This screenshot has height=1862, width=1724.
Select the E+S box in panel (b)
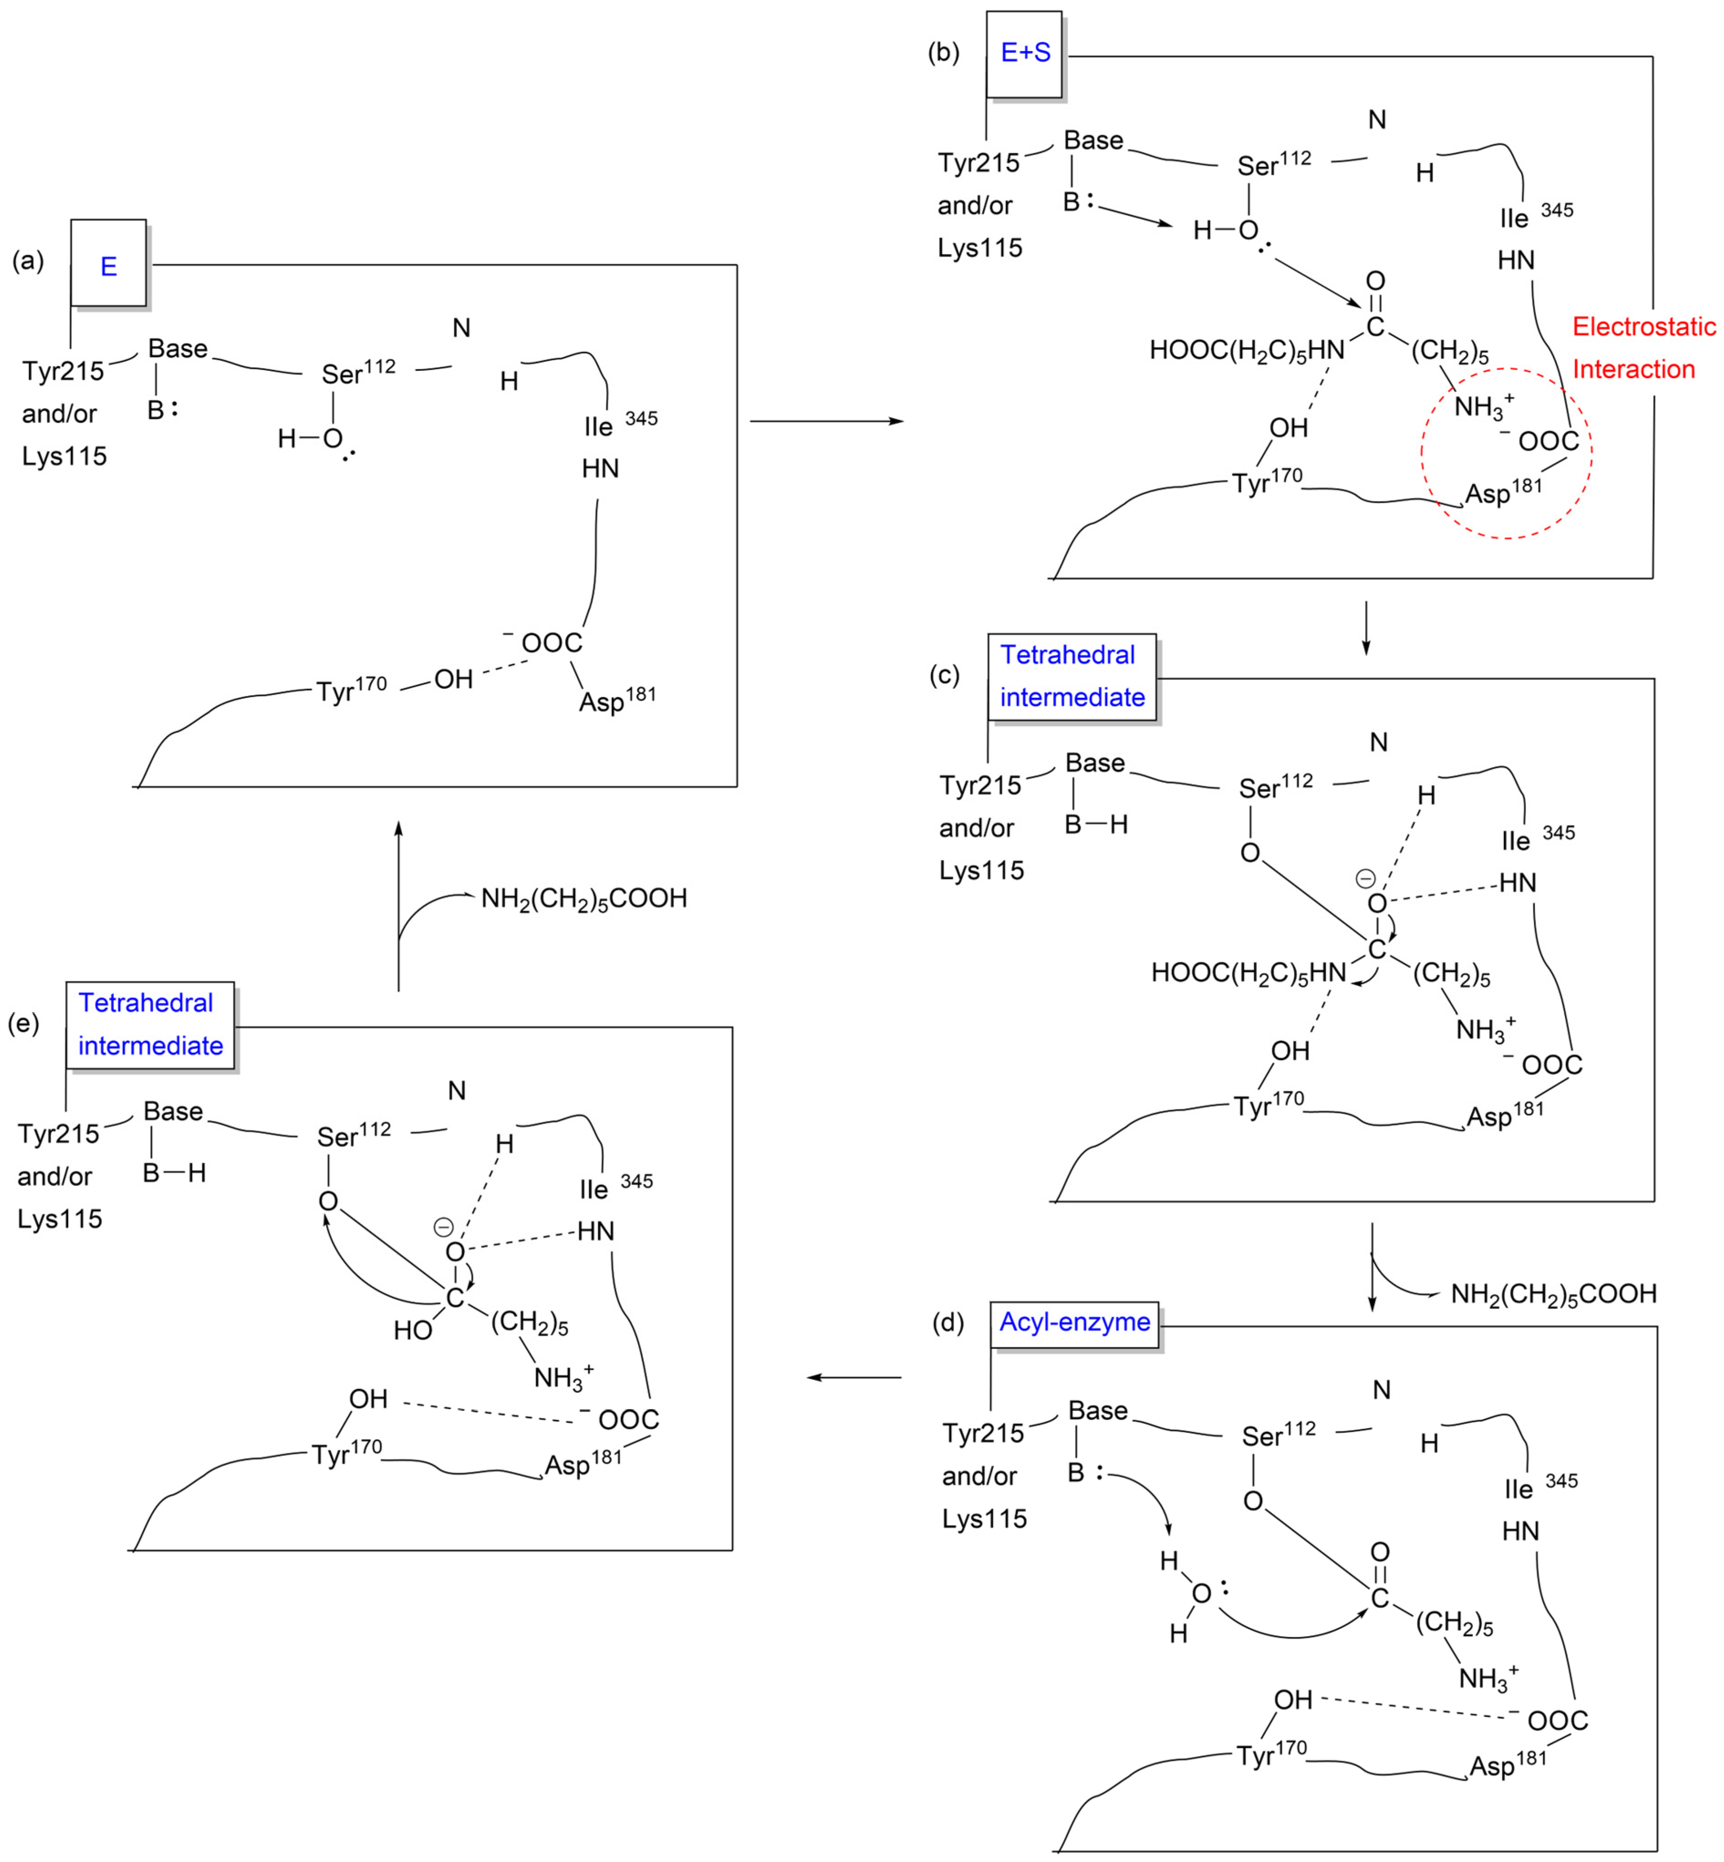(1024, 53)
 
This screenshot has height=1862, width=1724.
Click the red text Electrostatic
(1644, 327)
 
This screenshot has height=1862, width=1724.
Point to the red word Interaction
(1634, 369)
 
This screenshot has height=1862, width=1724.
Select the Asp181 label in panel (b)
(1503, 492)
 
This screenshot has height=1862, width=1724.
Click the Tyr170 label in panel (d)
(1272, 1754)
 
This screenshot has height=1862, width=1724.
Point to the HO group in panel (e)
(412, 1329)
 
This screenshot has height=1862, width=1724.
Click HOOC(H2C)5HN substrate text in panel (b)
(1246, 351)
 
